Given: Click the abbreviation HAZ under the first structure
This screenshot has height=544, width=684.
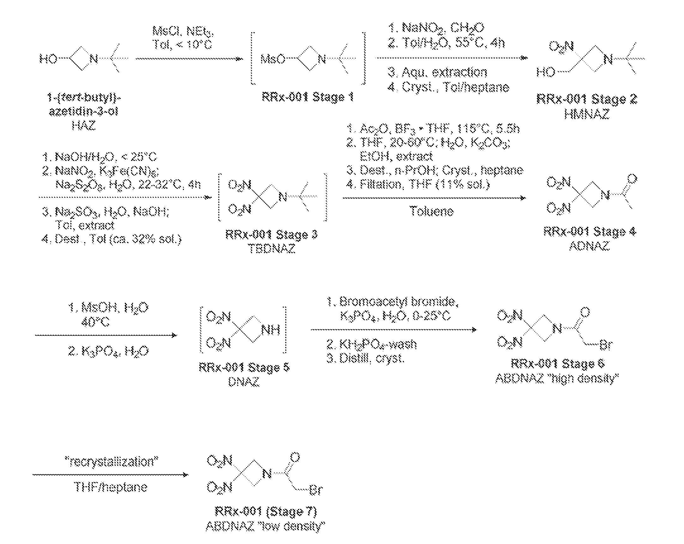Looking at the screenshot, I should tap(83, 126).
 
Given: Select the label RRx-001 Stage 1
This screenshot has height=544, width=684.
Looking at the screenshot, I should tap(307, 97).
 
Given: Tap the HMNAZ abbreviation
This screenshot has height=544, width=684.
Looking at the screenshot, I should tap(587, 114).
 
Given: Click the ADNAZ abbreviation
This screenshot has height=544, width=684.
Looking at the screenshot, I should tap(589, 246).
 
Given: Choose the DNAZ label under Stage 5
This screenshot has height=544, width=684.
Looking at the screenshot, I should tap(244, 382).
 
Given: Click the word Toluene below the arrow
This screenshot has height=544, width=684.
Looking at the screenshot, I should tap(432, 211).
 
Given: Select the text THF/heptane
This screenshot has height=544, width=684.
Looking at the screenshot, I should tap(111, 487).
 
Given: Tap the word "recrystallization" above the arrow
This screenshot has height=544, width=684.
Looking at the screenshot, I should tap(113, 461).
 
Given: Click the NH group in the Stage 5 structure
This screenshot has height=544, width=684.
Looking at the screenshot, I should tap(271, 330).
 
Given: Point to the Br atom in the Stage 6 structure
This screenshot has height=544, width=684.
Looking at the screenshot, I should tap(606, 345).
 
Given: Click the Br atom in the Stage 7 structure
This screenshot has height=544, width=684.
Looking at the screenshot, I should tap(316, 490).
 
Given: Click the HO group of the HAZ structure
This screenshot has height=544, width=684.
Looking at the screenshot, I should tap(48, 59).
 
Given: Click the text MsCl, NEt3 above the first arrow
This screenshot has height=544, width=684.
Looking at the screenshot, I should tap(183, 31).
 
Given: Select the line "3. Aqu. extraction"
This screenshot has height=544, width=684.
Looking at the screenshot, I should tap(437, 72).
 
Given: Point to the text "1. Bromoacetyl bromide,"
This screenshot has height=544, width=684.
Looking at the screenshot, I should tap(392, 302).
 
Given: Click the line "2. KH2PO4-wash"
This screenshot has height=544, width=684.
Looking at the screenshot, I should tap(371, 344).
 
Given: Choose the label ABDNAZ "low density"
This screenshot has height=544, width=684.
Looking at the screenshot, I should tap(265, 527).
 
